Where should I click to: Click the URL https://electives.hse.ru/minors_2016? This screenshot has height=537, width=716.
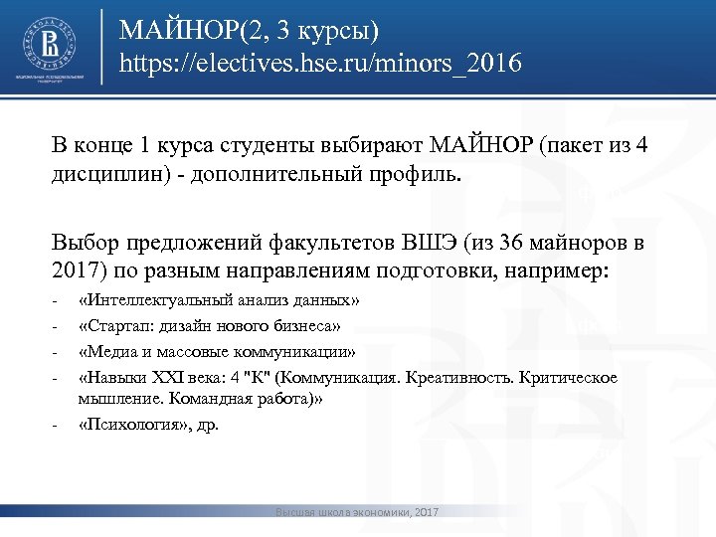(320, 66)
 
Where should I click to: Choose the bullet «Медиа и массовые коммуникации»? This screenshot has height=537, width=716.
(217, 352)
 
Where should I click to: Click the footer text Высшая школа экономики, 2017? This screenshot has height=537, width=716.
(358, 512)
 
